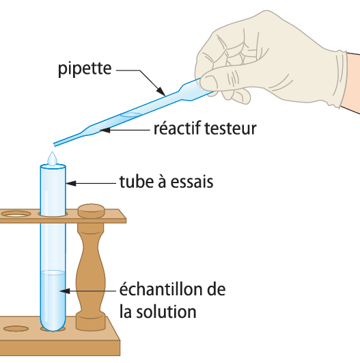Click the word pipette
point(85,69)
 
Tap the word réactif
point(177,129)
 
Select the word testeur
point(231,129)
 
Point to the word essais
point(192,182)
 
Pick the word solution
point(166,312)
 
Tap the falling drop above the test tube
point(53,159)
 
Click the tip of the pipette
point(55,145)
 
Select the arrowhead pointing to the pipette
point(161,91)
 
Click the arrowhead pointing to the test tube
point(71,183)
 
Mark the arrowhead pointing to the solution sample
point(65,291)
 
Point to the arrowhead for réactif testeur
point(105,130)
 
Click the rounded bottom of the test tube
point(53,324)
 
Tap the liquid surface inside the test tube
point(53,273)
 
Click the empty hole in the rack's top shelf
point(16,214)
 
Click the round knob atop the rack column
point(91,211)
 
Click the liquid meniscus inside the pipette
point(131,114)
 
